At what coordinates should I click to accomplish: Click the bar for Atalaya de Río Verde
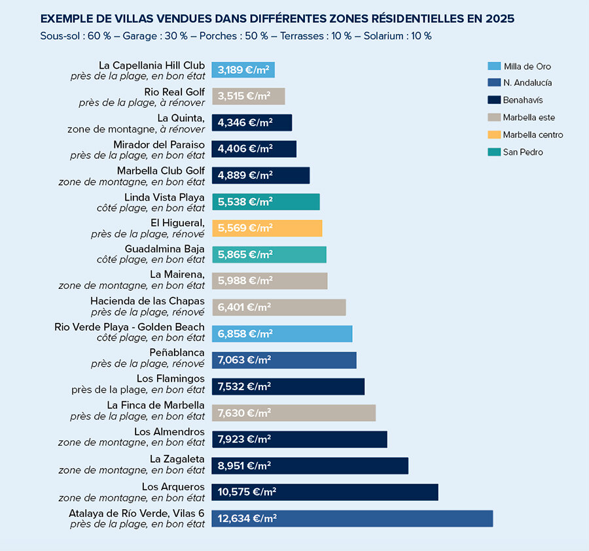(x=352, y=518)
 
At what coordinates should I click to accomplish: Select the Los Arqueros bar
(x=325, y=492)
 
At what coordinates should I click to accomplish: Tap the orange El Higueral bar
(x=267, y=228)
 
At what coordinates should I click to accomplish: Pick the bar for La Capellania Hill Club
(x=243, y=70)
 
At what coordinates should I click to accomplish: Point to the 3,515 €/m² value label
(x=244, y=96)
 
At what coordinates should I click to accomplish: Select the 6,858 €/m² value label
(x=245, y=334)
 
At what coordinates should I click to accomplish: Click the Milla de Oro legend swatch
(x=494, y=66)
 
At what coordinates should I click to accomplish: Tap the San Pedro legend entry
(x=522, y=152)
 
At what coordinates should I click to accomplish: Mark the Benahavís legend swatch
(x=494, y=101)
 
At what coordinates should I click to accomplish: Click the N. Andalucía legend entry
(x=527, y=83)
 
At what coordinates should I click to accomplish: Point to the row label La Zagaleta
(x=177, y=459)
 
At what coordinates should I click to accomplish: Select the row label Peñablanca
(x=177, y=353)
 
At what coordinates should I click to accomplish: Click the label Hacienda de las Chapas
(x=147, y=301)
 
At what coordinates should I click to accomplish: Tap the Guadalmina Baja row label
(x=164, y=249)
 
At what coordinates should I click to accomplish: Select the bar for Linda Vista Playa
(x=266, y=202)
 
